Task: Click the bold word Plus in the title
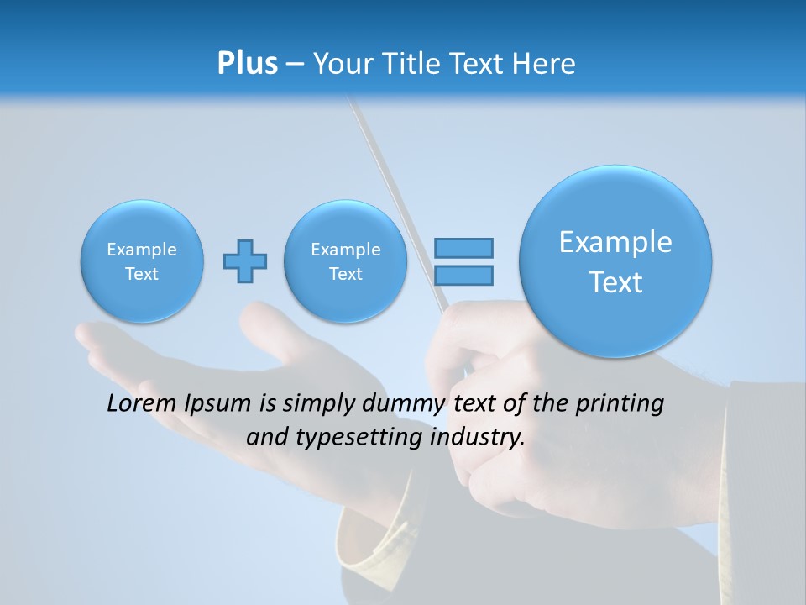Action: pos(247,64)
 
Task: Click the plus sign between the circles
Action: pos(245,260)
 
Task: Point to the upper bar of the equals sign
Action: pos(463,248)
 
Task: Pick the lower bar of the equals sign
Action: pos(463,275)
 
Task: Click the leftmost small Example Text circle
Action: pos(142,261)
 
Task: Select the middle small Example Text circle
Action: pos(346,261)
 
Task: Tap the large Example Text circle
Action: pos(615,261)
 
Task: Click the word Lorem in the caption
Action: pos(142,403)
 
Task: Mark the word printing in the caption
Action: pos(620,404)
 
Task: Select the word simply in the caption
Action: pos(318,404)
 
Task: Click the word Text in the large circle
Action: pos(615,282)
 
